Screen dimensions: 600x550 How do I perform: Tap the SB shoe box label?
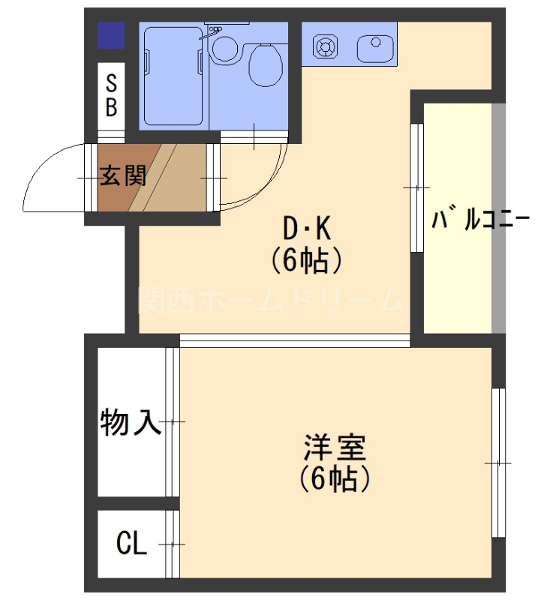click(111, 94)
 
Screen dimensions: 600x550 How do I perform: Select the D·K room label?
click(306, 226)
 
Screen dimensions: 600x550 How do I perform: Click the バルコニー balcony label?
click(480, 220)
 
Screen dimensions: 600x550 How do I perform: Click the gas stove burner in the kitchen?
click(326, 47)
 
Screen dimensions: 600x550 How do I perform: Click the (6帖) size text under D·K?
click(306, 259)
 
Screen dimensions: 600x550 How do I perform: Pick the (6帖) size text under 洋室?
click(334, 478)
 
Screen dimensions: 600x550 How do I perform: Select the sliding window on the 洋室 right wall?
click(498, 463)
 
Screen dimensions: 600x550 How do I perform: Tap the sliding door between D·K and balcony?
click(417, 187)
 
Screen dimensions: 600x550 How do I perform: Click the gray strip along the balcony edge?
click(498, 217)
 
